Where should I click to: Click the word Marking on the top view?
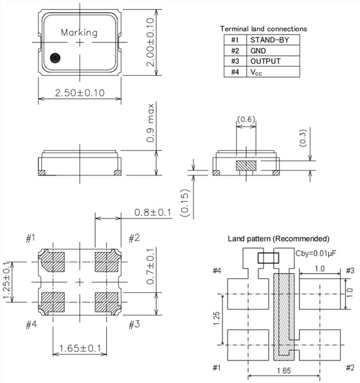point(80,32)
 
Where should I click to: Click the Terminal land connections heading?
point(264,29)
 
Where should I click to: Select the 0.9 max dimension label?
point(150,129)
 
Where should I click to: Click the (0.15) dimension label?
point(185,201)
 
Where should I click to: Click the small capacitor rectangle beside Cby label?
point(268,258)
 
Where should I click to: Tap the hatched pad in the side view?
point(246,166)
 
